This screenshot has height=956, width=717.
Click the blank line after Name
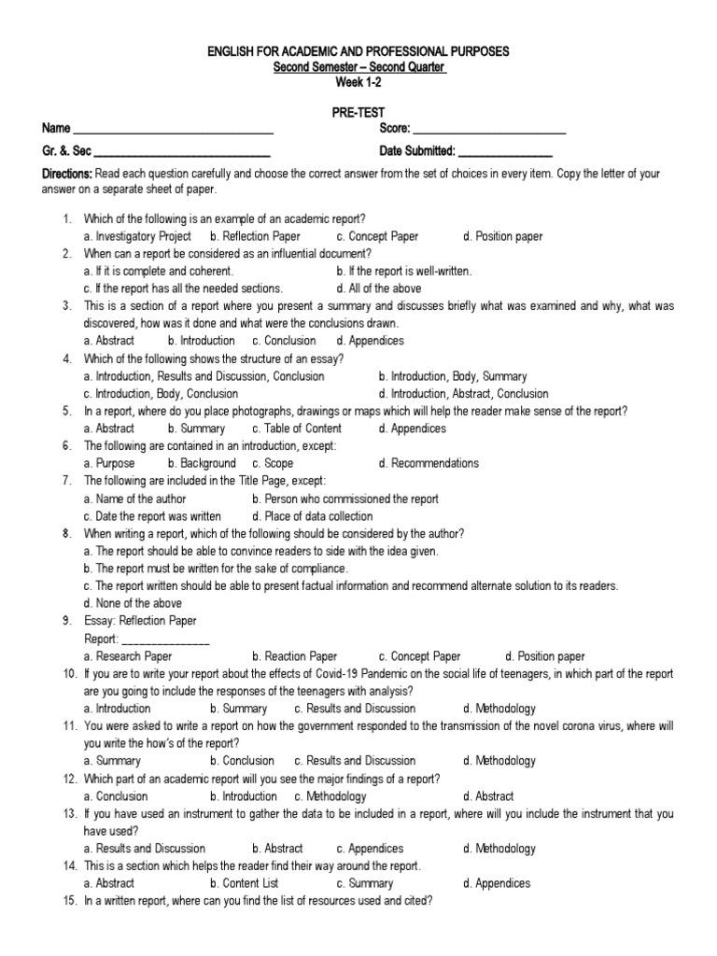(173, 130)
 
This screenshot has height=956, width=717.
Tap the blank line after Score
(489, 130)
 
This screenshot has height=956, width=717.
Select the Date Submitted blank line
(505, 152)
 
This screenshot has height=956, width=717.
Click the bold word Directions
(66, 175)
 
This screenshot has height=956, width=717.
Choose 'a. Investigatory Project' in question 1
(137, 236)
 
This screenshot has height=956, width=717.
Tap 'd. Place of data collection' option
(312, 516)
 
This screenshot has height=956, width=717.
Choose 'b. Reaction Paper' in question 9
(294, 656)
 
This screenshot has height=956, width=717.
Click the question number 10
(69, 674)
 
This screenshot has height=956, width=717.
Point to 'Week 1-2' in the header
(358, 82)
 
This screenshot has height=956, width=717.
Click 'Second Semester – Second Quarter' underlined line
(358, 67)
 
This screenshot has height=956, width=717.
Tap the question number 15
(69, 901)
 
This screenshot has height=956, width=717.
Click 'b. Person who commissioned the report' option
(344, 499)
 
